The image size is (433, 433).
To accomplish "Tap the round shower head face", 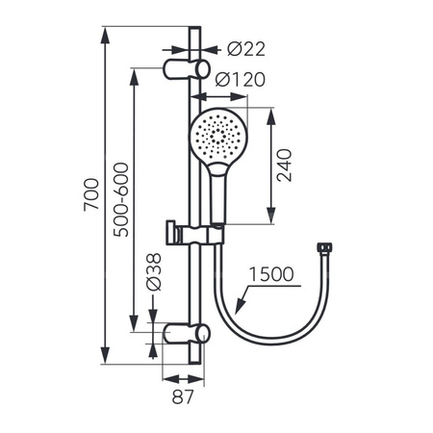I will tap(217, 137).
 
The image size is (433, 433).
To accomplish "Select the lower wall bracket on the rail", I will tap(185, 333).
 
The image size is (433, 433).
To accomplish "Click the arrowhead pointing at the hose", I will tap(234, 307).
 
